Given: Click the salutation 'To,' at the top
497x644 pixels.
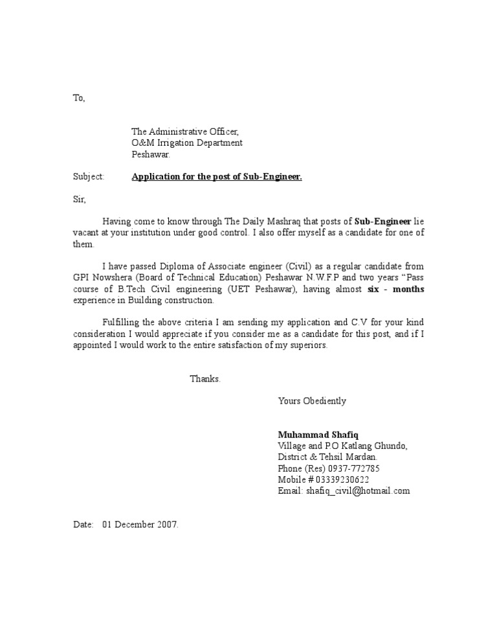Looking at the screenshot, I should (x=78, y=98).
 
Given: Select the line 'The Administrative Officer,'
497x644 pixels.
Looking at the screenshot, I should (x=181, y=132).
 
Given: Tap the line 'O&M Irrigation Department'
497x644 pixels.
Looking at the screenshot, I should (x=187, y=143).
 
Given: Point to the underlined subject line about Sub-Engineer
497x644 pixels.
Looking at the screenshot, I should (x=217, y=176).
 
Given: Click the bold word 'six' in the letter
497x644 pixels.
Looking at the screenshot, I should (x=373, y=289).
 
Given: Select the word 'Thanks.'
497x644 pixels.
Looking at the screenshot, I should (x=205, y=378).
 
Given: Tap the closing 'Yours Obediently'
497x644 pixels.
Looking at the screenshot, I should (x=312, y=401).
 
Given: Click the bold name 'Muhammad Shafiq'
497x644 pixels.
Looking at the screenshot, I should (x=313, y=434).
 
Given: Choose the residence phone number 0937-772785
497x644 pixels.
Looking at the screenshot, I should (x=347, y=468).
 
